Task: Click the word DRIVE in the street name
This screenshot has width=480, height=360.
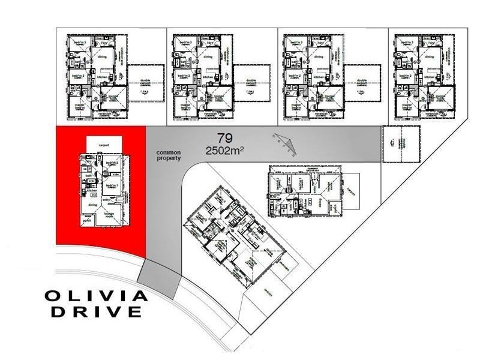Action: point(97,311)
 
